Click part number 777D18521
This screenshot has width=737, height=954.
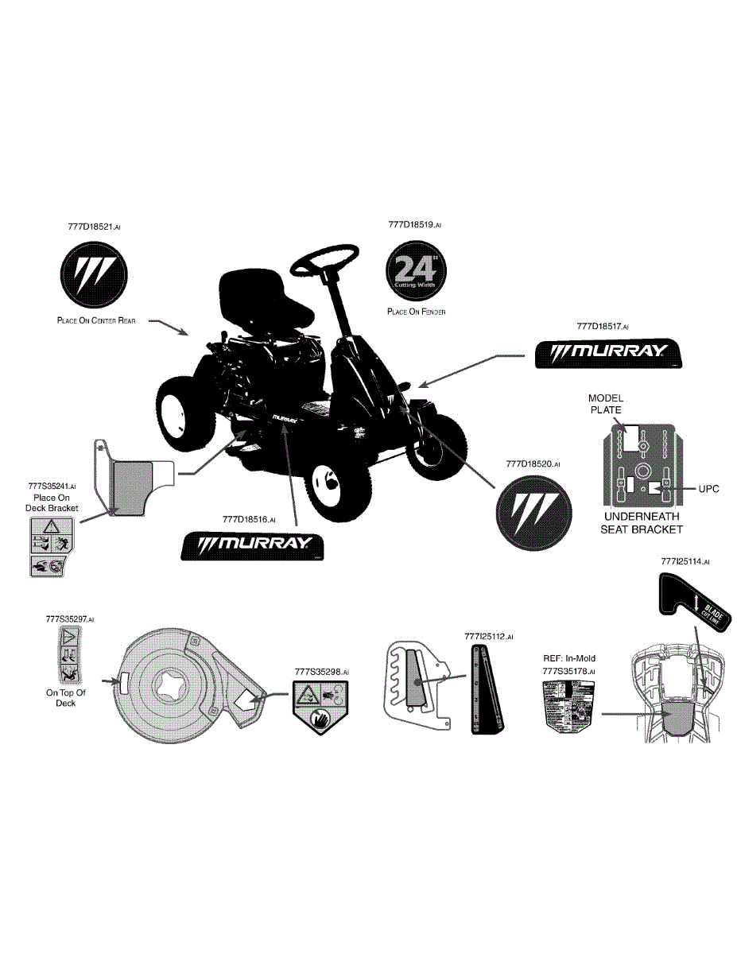(x=94, y=227)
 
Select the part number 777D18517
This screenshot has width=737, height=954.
(x=603, y=326)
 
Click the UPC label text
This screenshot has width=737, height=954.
(x=708, y=489)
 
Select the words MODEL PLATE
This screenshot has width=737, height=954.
(x=605, y=404)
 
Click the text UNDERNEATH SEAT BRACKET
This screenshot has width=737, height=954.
(x=642, y=523)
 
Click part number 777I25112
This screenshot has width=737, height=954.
(x=488, y=637)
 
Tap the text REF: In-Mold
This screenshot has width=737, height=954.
(x=568, y=658)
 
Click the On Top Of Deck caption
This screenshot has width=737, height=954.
(x=65, y=698)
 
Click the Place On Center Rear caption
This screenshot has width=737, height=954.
(x=96, y=321)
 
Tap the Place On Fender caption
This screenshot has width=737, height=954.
(x=416, y=312)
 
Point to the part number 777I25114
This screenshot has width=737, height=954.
(x=685, y=561)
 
